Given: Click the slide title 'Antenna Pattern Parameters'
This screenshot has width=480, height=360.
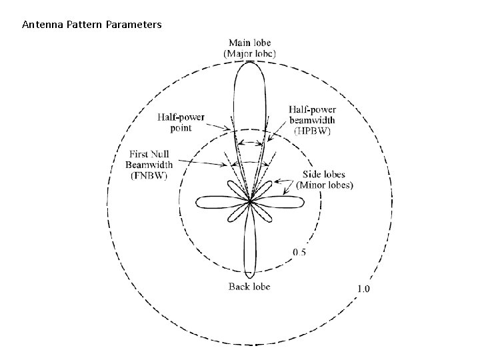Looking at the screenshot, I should click(x=91, y=25).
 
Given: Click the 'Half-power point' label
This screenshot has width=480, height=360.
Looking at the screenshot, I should click(x=181, y=122).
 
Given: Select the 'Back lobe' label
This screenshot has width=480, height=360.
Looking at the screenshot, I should click(x=249, y=287).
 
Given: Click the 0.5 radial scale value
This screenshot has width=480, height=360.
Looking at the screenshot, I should click(x=300, y=252).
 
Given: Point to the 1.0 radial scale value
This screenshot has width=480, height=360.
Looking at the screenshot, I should click(x=363, y=289).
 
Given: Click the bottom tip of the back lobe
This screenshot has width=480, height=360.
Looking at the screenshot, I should click(x=249, y=275).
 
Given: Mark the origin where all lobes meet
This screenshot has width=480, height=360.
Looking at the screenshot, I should click(x=249, y=200).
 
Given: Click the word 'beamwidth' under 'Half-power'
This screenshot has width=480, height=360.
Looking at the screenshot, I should click(x=312, y=120).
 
